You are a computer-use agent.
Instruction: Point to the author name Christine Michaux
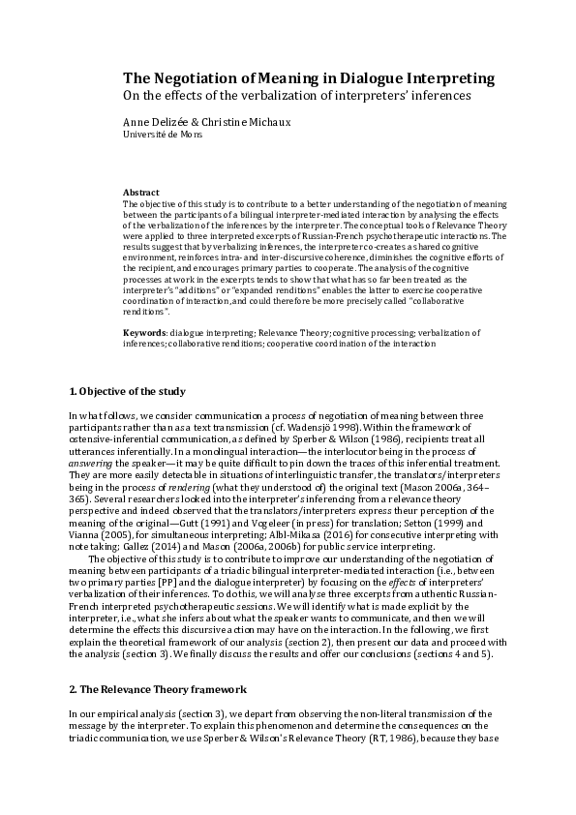pyautogui.click(x=229, y=122)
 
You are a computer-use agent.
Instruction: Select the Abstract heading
pyautogui.click(x=141, y=193)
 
